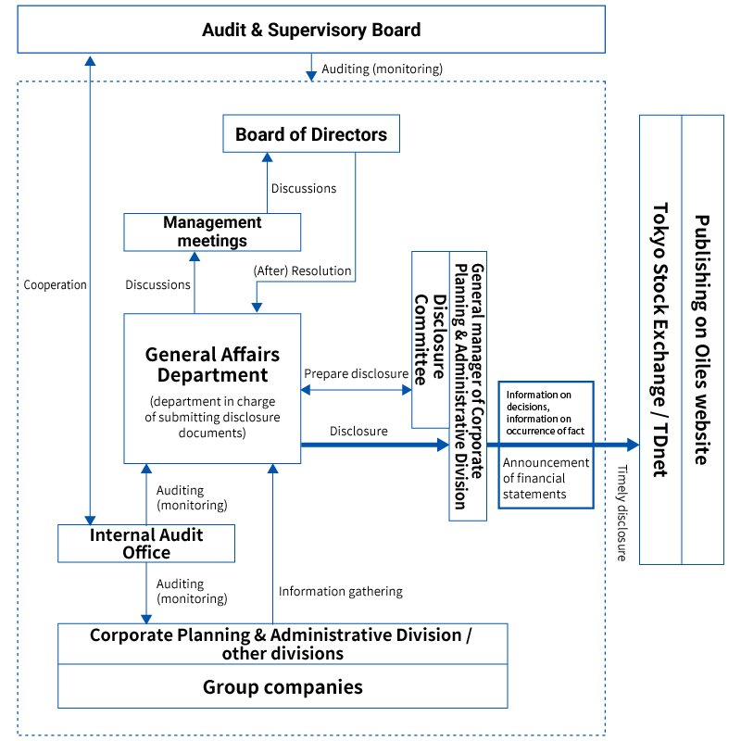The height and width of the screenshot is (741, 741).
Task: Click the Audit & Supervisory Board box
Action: coord(311,30)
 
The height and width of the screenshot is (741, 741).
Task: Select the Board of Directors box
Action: coord(311,134)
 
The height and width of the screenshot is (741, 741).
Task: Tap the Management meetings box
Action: coord(212,232)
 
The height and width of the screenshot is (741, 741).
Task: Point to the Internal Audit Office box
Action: coord(145,544)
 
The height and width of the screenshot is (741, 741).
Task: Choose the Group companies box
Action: coord(283,687)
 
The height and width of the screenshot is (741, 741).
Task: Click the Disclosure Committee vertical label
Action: coord(431,339)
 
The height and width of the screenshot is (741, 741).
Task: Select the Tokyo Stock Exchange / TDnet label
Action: coord(660,339)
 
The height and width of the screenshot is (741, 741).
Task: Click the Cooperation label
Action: coord(55,285)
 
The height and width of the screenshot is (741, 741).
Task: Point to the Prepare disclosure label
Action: coord(357,373)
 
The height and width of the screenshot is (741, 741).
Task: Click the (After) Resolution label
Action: coord(303,271)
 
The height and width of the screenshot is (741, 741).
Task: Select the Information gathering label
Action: coord(341,591)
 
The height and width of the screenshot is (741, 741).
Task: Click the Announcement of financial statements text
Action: coord(546,478)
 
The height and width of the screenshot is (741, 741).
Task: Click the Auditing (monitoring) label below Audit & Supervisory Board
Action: coord(382,69)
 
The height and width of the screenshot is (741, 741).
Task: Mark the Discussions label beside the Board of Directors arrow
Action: coord(304,188)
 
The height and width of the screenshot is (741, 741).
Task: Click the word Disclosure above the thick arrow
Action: coord(358,431)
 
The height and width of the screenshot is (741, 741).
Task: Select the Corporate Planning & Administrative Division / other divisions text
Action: coord(283,644)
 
